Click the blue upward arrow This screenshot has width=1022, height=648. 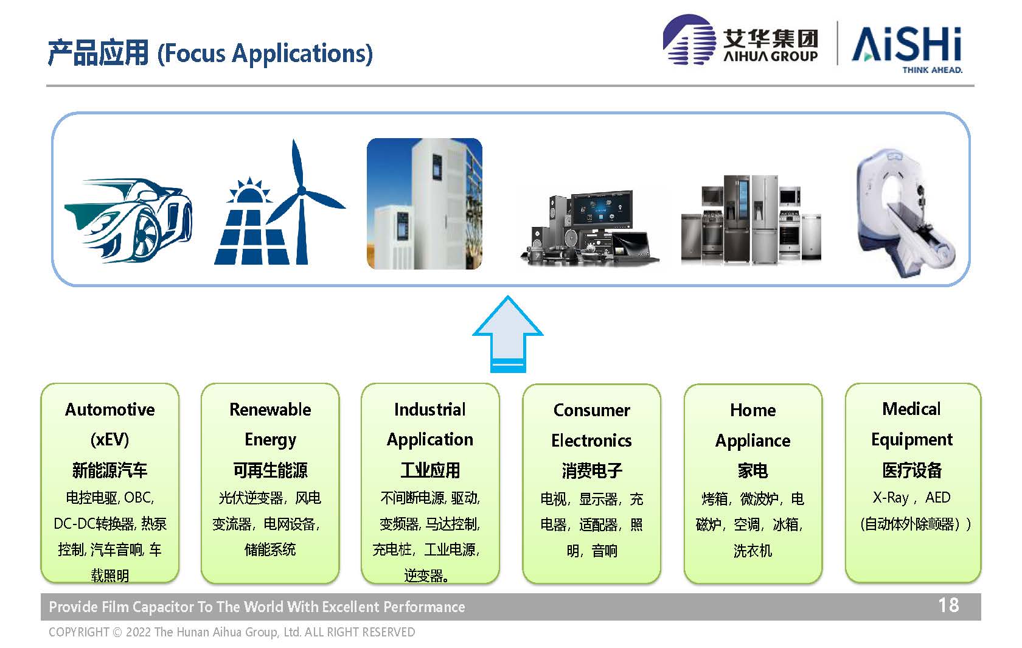click(x=508, y=338)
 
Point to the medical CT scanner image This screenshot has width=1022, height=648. click(x=906, y=212)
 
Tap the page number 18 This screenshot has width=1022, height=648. click(x=948, y=605)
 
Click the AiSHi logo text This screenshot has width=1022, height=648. click(x=907, y=44)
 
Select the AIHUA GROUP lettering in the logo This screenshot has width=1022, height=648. click(x=771, y=56)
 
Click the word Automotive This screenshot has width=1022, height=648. click(x=110, y=409)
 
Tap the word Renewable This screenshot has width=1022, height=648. click(x=270, y=409)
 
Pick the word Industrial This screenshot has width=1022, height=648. click(x=429, y=409)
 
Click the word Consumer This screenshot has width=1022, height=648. click(x=592, y=410)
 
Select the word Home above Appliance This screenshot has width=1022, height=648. click(x=753, y=410)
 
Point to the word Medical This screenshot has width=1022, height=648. click(x=911, y=409)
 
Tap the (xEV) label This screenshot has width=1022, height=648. click(x=110, y=439)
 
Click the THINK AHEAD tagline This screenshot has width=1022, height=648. click(x=932, y=70)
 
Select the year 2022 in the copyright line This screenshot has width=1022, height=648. click(x=137, y=632)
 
